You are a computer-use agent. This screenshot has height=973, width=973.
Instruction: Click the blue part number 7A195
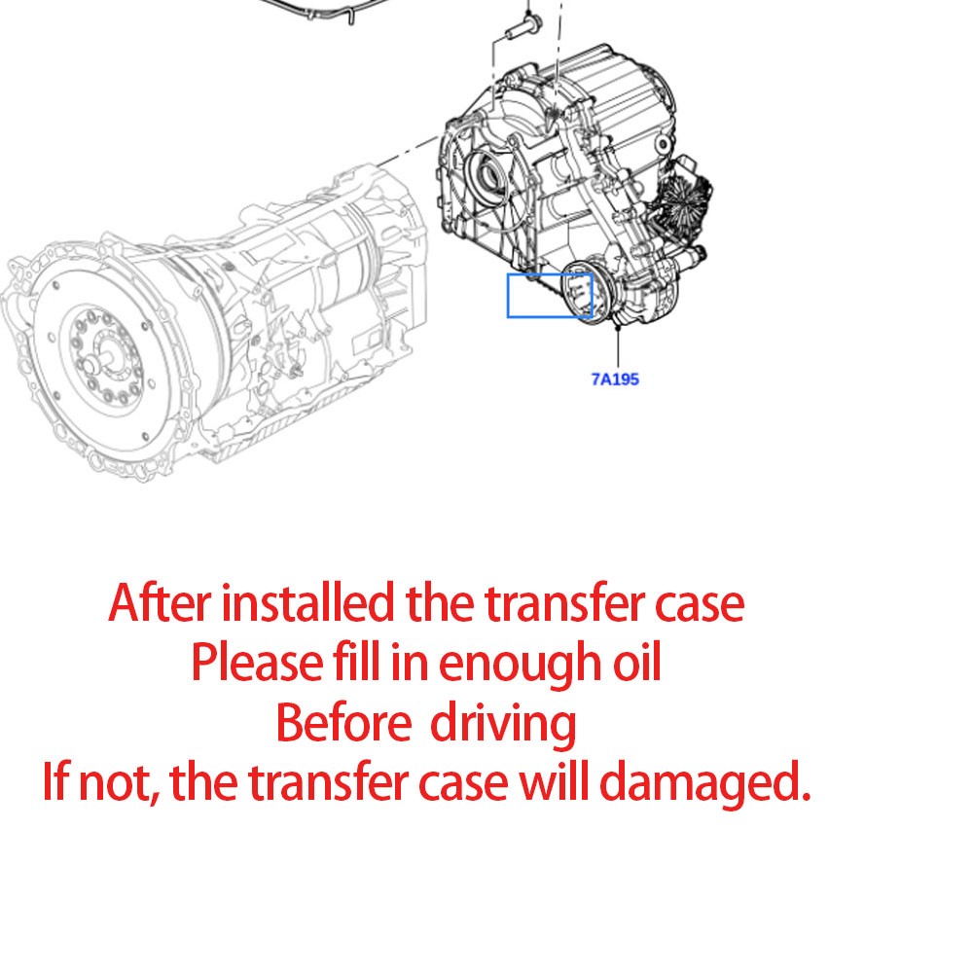coord(615,379)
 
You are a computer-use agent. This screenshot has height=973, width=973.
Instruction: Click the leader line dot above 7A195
coord(619,331)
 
